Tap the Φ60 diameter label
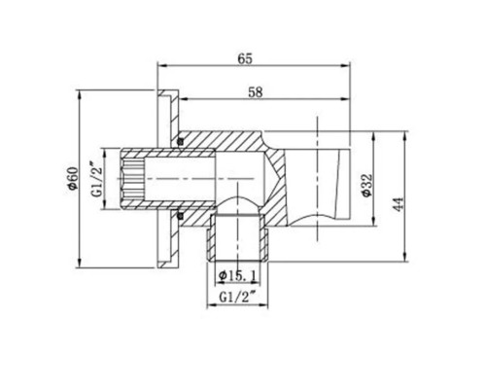point(71,179)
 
